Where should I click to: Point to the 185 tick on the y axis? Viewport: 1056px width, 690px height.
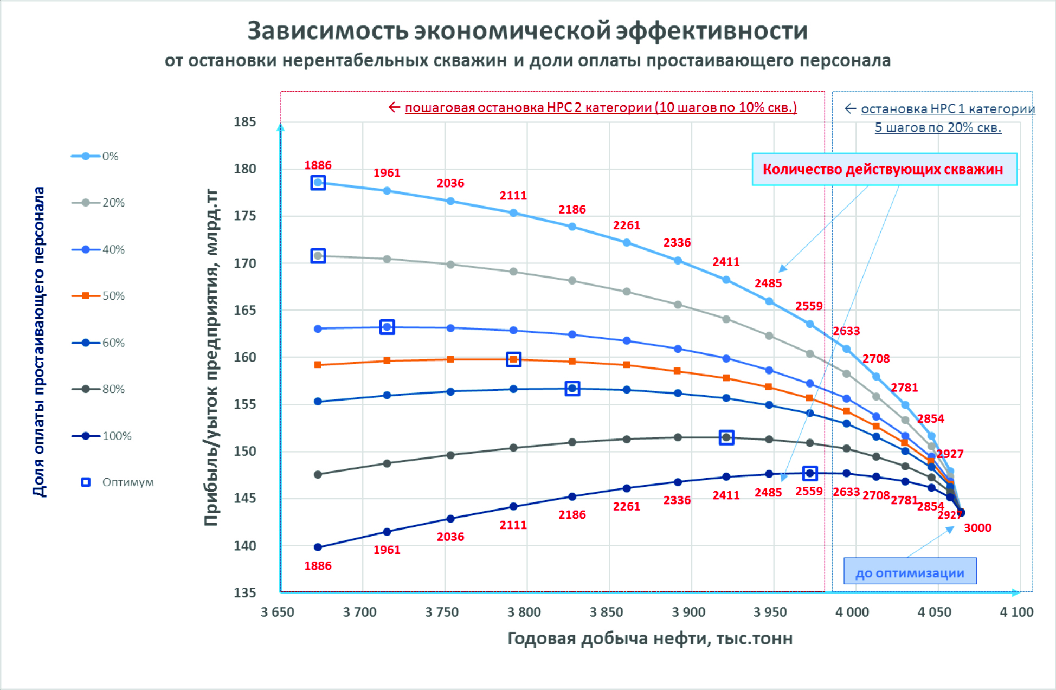coord(244,122)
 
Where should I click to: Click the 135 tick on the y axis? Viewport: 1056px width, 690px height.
coord(244,592)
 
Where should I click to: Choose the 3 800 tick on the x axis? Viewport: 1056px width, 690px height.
coord(524,612)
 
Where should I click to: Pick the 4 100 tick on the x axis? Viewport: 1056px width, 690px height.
coord(1016,612)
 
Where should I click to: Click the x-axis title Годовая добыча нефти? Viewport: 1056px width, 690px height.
coord(649,639)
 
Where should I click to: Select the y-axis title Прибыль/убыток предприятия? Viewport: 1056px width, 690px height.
coord(211,358)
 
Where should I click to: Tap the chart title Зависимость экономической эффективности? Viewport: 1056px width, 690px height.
coord(527,31)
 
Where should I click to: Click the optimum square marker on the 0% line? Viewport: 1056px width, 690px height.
coord(318,183)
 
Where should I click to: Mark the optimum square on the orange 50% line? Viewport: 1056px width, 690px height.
coord(513,359)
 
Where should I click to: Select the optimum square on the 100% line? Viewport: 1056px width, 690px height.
coord(810,473)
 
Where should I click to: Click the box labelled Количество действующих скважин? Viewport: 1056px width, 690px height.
coord(884,169)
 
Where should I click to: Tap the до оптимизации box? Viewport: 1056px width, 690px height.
coord(910,572)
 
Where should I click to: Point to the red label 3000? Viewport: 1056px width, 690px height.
coord(977,528)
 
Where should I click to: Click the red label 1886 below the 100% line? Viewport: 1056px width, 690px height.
coord(318,566)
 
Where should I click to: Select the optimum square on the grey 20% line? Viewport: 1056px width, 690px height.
coord(318,256)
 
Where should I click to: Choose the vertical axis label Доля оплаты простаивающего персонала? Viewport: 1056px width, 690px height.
coord(39,341)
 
